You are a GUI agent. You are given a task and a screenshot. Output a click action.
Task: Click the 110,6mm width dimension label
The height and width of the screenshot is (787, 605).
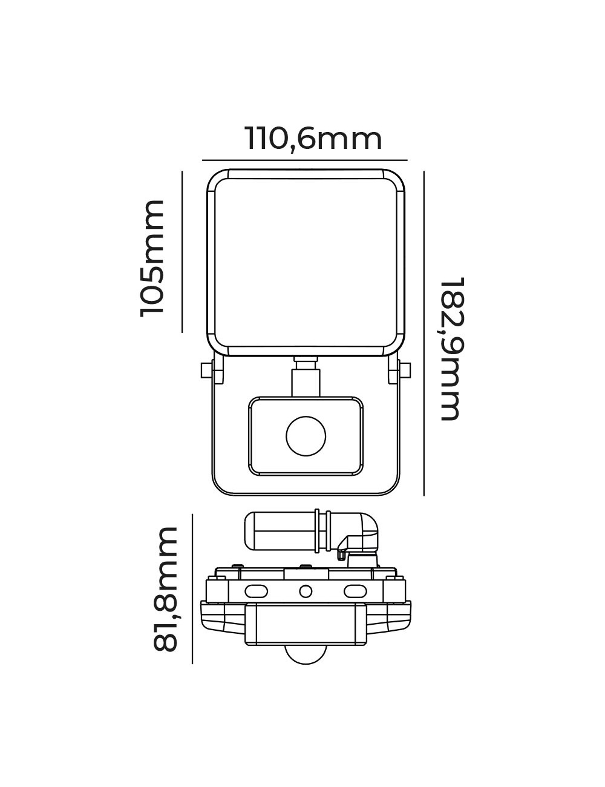click(x=313, y=139)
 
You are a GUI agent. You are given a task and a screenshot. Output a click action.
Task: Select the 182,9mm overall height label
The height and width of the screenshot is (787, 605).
click(x=452, y=349)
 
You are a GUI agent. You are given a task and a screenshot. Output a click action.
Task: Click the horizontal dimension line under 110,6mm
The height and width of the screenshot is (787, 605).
click(x=305, y=160)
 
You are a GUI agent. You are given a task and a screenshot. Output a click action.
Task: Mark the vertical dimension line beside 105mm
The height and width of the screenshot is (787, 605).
click(x=182, y=251)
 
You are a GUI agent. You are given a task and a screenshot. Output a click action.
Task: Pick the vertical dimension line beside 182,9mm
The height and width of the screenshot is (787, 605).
click(x=424, y=333)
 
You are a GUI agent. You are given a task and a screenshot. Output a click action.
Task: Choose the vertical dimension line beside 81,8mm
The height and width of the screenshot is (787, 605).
click(x=192, y=588)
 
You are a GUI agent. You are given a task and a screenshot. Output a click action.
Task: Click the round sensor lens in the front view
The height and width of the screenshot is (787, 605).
click(x=306, y=436)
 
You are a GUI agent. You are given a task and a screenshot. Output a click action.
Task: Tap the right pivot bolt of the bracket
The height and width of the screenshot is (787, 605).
click(x=404, y=369)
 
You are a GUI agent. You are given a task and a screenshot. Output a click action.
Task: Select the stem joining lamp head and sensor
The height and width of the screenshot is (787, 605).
click(x=306, y=378)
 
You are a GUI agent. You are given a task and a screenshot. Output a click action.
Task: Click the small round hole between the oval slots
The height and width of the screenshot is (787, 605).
click(x=306, y=590)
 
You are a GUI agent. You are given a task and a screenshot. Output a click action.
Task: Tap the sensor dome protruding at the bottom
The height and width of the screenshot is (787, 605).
click(x=306, y=654)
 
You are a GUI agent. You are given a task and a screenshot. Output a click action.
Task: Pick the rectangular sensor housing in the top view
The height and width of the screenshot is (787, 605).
click(x=306, y=624)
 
